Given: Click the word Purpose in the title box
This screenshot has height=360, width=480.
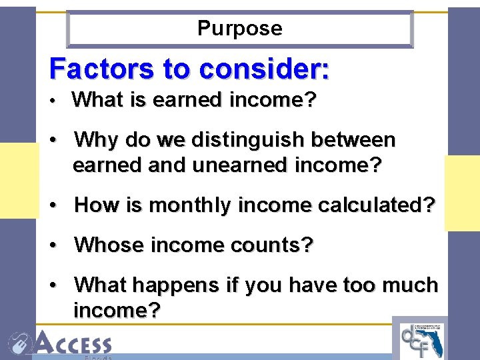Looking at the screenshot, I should coord(240,29).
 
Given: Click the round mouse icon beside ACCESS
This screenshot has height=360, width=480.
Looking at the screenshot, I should coord(19,344).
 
